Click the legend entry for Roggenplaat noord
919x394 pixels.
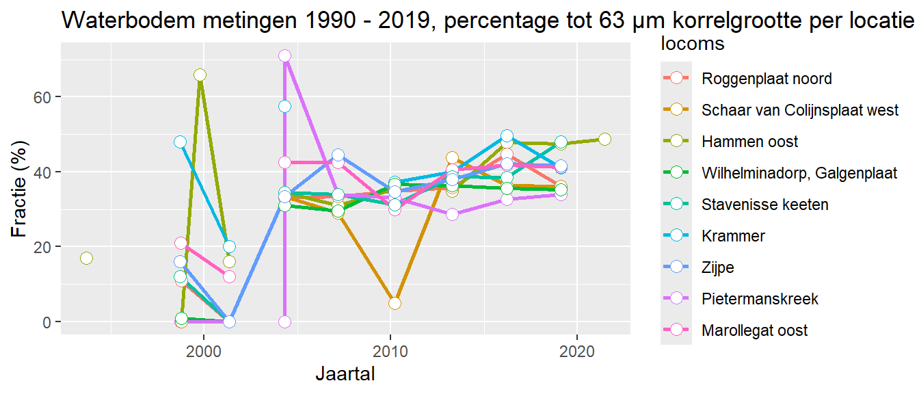[x=767, y=79]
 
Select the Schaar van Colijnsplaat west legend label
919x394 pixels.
[x=800, y=110]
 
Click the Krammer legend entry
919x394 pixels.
[x=733, y=236]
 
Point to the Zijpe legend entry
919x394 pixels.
[x=717, y=267]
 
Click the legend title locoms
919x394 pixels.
[x=692, y=44]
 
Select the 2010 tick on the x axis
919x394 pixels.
[x=390, y=350]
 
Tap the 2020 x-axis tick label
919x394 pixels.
[x=576, y=350]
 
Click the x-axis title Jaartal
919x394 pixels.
[x=345, y=374]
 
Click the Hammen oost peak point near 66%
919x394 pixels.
[x=200, y=75]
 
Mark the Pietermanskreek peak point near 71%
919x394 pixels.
[x=284, y=55]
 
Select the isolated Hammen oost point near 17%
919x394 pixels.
[x=86, y=258]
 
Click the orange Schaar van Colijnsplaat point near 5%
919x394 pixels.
[x=395, y=303]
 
